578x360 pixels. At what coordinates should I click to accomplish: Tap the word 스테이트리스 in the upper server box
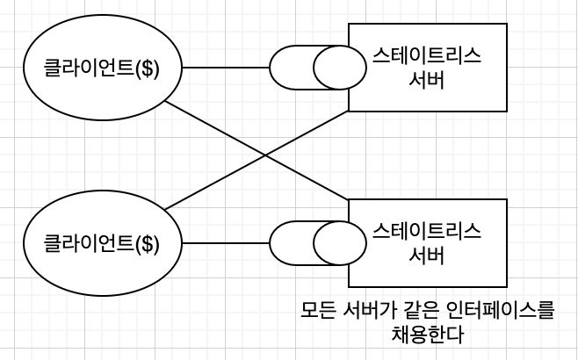coord(427,58)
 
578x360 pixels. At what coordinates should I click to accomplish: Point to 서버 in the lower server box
coord(427,256)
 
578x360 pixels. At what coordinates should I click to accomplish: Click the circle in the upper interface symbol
coord(337,68)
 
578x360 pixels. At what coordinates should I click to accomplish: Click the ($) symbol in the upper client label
coord(148,68)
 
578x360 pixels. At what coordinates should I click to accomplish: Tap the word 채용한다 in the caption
coord(427,335)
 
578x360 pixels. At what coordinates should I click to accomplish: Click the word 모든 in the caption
coord(321,310)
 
